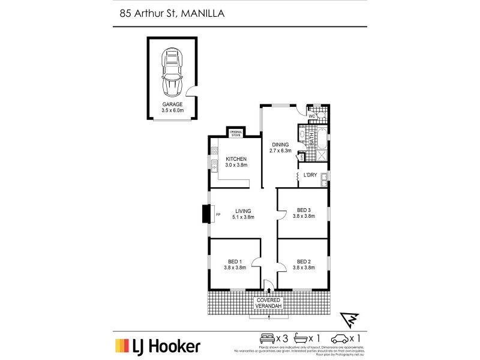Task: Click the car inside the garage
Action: [x=172, y=73]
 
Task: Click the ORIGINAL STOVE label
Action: [x=235, y=133]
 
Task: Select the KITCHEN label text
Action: [x=236, y=159]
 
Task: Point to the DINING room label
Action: [x=280, y=145]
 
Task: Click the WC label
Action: [x=312, y=115]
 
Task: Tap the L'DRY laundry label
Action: [x=310, y=175]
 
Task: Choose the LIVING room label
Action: [x=243, y=211]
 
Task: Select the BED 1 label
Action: [x=235, y=262]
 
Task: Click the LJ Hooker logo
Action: [x=158, y=346]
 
